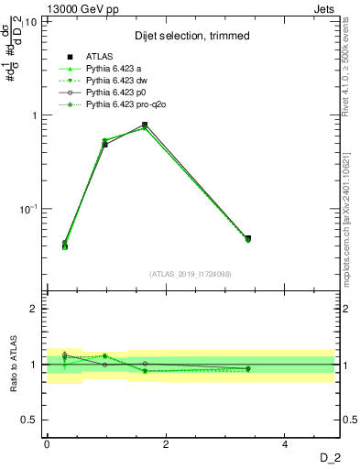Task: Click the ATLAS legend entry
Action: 100,58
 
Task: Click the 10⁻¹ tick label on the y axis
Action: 27,209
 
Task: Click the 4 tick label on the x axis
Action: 285,444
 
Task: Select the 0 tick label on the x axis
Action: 47,444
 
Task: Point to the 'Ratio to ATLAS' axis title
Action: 12,365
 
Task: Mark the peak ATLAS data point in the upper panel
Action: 145,125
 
